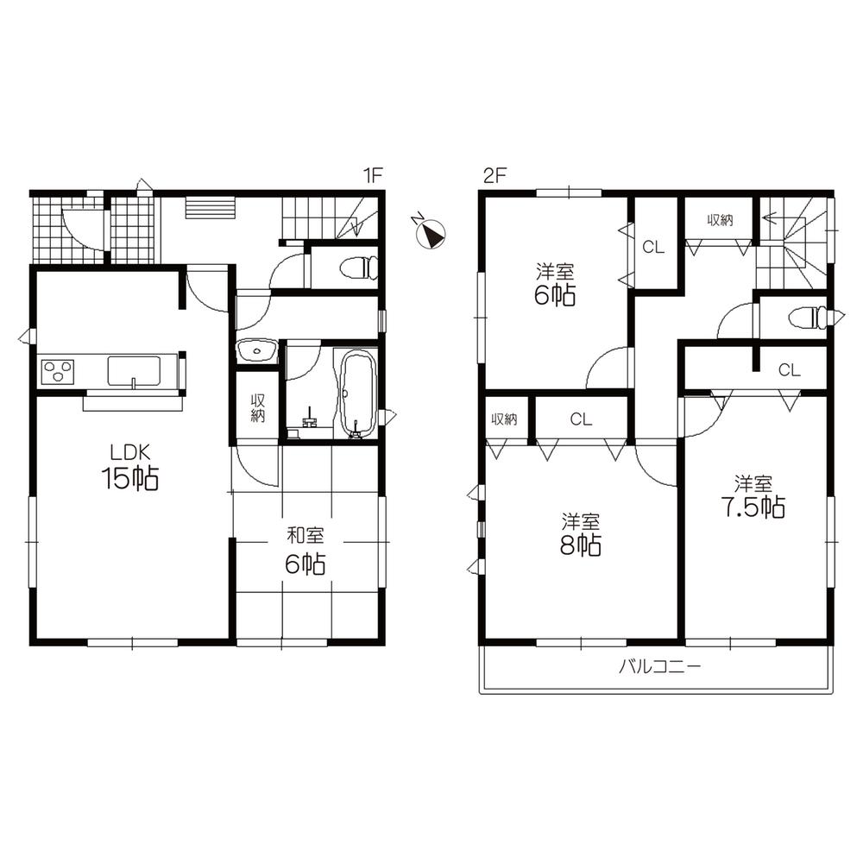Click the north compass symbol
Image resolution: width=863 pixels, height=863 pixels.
tap(430, 233)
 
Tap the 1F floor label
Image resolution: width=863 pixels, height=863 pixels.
tap(372, 175)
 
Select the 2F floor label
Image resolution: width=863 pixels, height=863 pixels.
tap(493, 175)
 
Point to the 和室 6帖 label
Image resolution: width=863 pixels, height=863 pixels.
tap(306, 552)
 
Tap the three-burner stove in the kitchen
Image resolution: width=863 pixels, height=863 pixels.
tap(58, 372)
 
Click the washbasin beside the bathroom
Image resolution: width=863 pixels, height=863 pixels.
tap(256, 350)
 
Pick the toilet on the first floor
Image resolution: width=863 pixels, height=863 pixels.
tap(359, 268)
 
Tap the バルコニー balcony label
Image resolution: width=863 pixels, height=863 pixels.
tap(658, 667)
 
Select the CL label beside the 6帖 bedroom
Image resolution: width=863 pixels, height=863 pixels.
tap(653, 248)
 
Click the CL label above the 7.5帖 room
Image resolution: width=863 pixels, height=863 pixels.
tap(790, 371)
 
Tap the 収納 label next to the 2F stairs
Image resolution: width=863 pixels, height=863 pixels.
tap(720, 220)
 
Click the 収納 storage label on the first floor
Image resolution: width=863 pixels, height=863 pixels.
tap(257, 407)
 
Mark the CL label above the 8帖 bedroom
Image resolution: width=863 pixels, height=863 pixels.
tap(581, 420)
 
